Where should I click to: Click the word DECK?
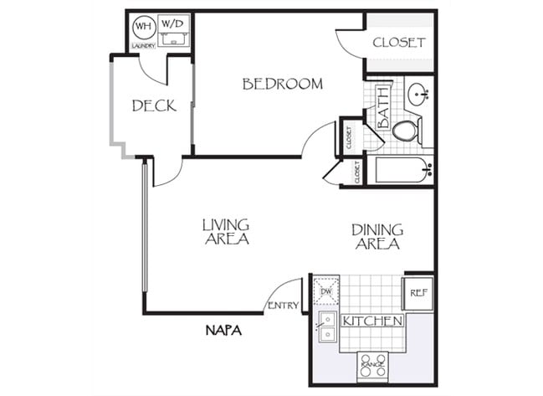coord(154,105)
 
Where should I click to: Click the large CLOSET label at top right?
coord(399,43)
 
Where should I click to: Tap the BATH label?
coord(384,106)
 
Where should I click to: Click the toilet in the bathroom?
coord(407,130)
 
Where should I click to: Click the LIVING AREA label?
coord(226,232)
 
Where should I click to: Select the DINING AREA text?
coord(377,237)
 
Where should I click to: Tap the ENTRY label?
coord(282,306)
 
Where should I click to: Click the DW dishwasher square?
coord(325,291)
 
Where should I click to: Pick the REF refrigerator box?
coord(417,293)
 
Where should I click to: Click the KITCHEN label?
coord(372,321)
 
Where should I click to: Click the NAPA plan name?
coord(223,332)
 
